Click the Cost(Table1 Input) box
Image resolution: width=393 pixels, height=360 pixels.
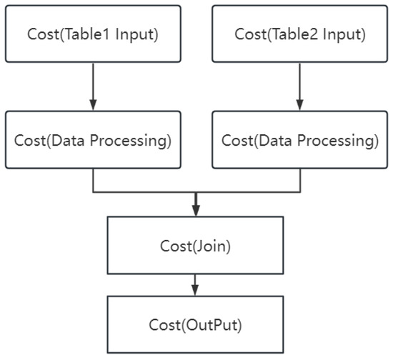(x=93, y=34)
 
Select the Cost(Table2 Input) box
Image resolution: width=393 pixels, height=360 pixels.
(x=300, y=34)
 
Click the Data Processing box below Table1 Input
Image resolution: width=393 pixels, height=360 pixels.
(x=93, y=140)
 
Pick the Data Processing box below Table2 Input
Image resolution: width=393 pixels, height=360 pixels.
(x=300, y=140)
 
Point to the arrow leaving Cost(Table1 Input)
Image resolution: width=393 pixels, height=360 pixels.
(x=93, y=85)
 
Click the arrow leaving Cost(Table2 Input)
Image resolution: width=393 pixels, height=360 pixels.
(x=300, y=85)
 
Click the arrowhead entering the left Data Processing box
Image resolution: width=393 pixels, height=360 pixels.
(x=93, y=105)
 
